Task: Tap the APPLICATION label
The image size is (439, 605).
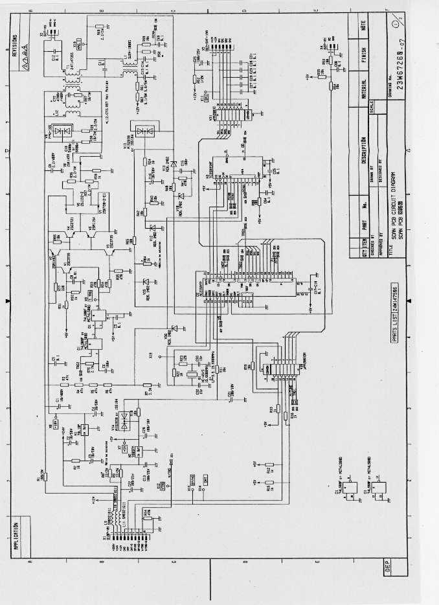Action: pos(14,535)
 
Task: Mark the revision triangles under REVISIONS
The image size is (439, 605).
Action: pos(22,49)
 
